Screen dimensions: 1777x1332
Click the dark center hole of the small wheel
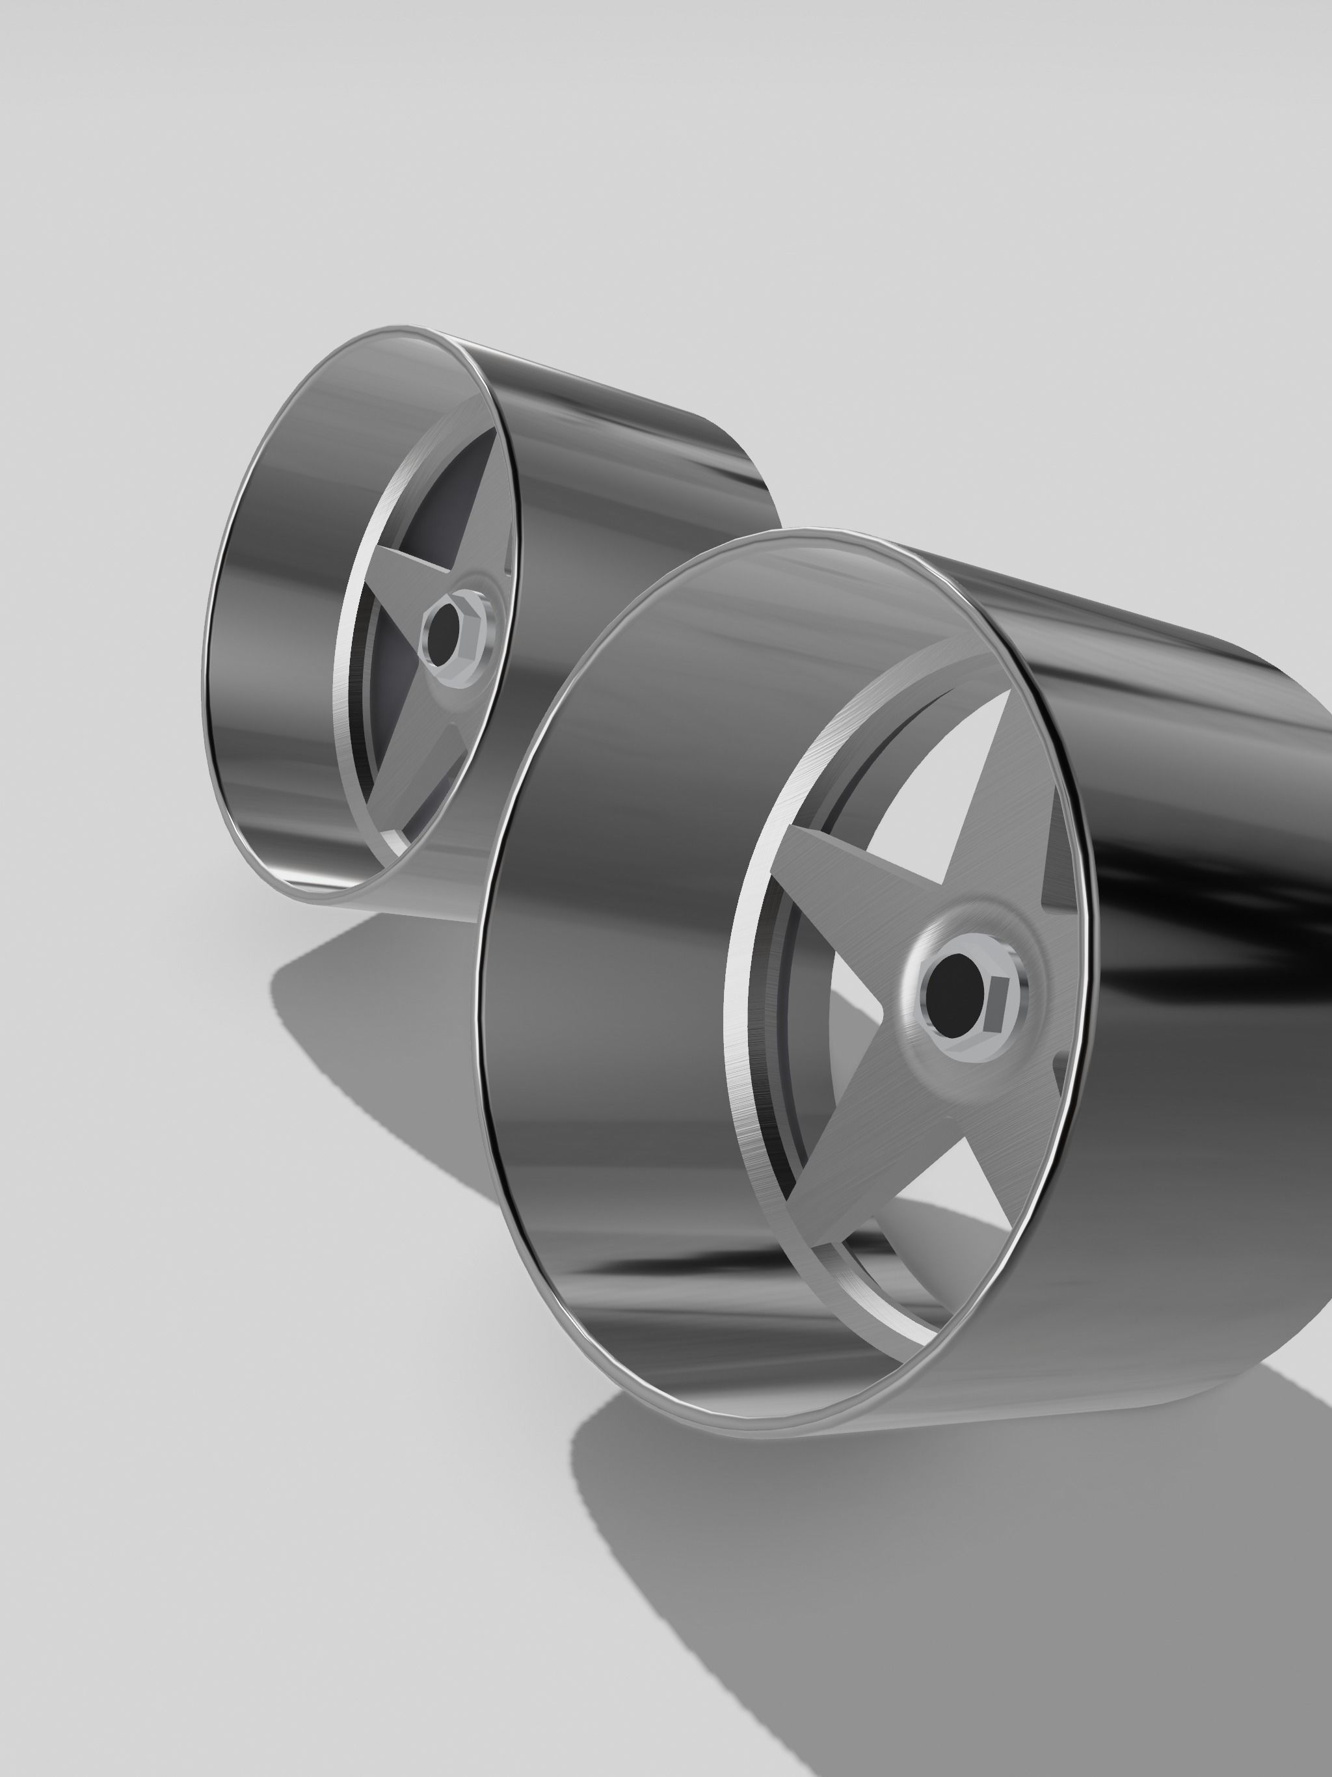(440, 632)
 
